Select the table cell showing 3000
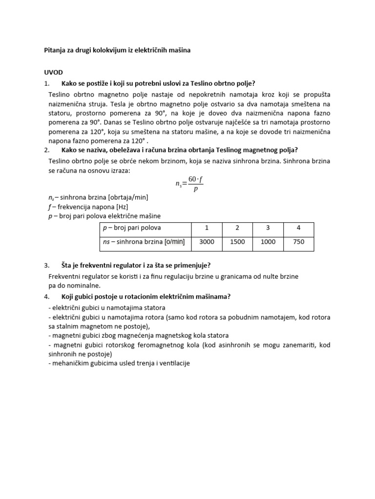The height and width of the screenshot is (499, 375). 206,242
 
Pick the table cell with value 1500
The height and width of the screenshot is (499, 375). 237,242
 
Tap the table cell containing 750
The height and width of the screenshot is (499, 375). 298,242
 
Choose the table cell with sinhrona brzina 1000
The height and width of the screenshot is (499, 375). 268,242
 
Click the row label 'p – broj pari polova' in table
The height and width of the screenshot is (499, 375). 131,228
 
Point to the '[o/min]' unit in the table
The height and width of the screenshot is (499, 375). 175,242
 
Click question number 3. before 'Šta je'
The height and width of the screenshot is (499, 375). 47,266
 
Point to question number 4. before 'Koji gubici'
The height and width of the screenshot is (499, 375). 47,296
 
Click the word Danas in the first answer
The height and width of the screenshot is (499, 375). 155,122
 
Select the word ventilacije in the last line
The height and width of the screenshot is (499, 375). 172,363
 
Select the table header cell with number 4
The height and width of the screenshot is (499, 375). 298,228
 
